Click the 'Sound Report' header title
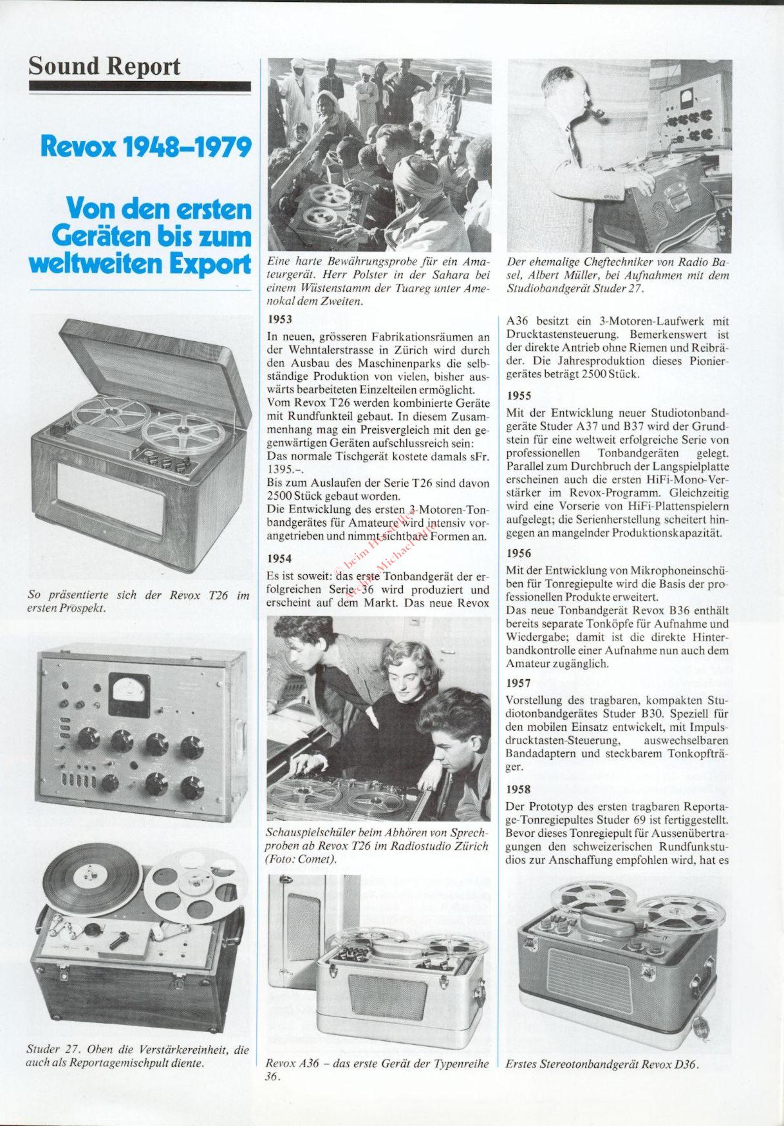tap(104, 66)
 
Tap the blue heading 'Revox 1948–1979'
tap(145, 147)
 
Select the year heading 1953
tap(279, 319)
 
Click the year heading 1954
tap(279, 559)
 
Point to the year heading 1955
tap(519, 396)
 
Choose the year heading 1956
tap(519, 553)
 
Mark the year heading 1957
tap(519, 683)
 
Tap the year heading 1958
tap(519, 789)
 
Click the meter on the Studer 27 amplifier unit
tap(129, 695)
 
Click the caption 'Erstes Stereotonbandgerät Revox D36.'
tap(602, 1065)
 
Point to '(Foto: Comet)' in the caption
tap(301, 859)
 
